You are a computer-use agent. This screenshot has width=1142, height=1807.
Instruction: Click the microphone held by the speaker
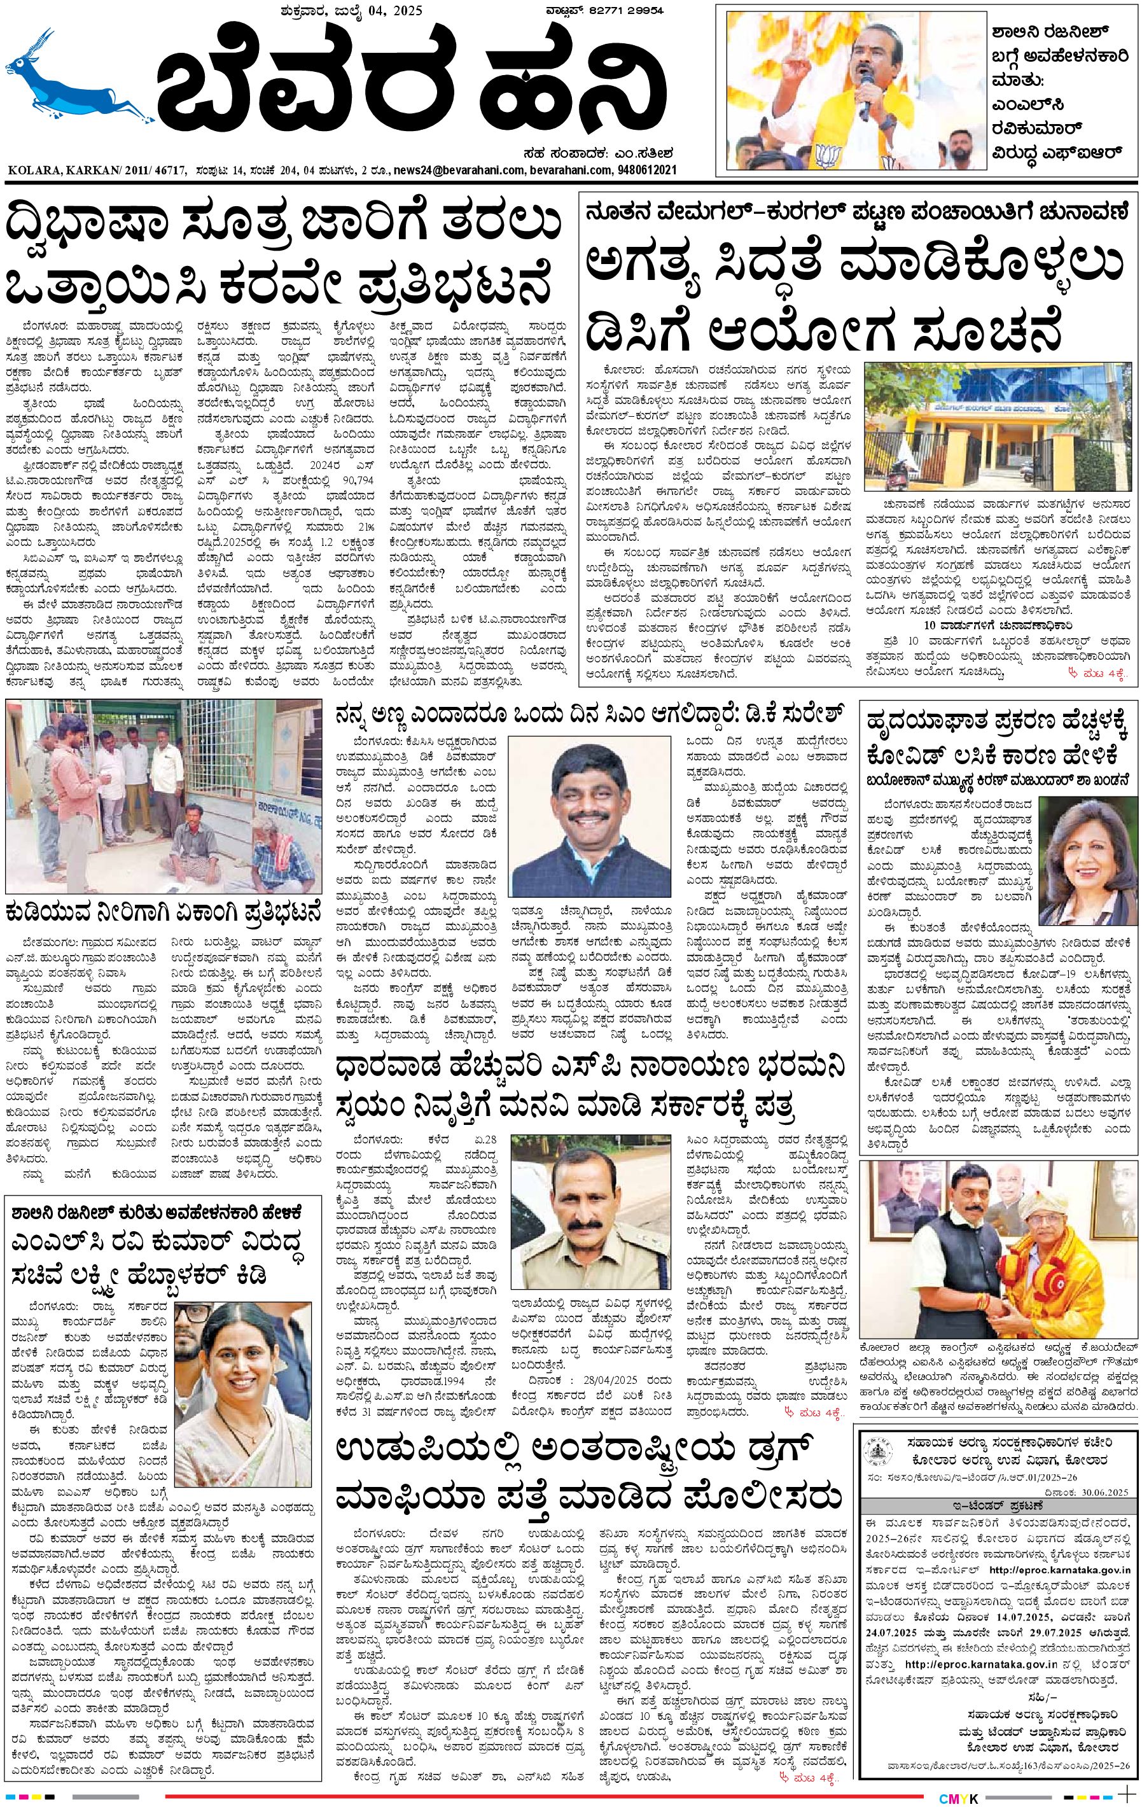[x=865, y=94]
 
